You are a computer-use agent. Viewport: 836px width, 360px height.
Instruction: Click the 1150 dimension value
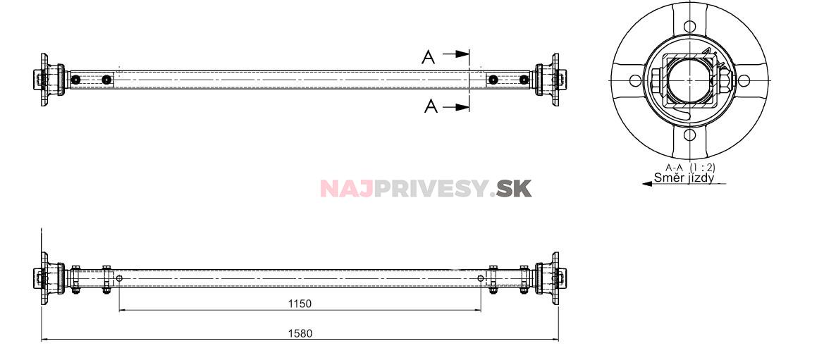pos(300,304)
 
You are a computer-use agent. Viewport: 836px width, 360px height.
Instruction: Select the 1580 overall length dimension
pos(300,333)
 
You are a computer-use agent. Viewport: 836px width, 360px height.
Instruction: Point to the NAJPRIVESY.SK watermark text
pos(426,188)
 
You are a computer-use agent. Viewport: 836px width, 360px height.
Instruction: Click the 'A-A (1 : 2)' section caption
pos(689,168)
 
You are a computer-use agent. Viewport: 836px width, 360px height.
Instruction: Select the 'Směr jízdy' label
pos(684,178)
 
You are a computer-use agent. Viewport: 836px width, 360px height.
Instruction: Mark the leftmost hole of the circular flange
pos(634,80)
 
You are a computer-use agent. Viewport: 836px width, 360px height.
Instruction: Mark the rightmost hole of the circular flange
pos(743,80)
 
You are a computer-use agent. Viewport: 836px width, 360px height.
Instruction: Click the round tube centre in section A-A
pos(689,80)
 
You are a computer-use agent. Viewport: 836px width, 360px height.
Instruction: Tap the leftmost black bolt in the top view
pos(75,79)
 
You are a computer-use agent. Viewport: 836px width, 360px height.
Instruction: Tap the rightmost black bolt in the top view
pos(524,79)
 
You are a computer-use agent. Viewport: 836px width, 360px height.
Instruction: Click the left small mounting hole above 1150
pos(119,279)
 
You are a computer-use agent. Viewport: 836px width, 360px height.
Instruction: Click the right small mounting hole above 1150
pos(481,279)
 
